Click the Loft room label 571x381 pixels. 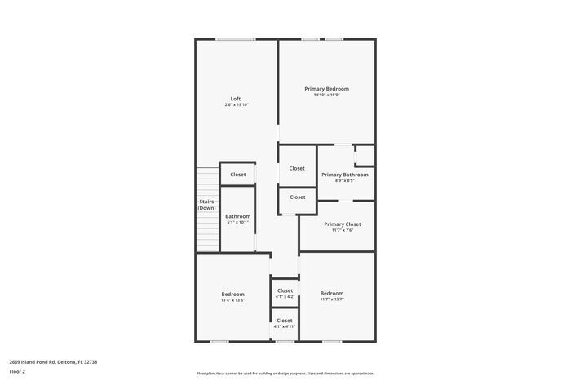pyautogui.click(x=235, y=99)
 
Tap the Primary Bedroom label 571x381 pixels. pyautogui.click(x=326, y=89)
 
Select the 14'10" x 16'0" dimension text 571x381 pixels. pyautogui.click(x=326, y=95)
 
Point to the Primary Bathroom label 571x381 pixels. pyautogui.click(x=344, y=175)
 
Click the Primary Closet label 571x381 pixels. pyautogui.click(x=342, y=224)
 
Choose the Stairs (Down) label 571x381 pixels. pyautogui.click(x=207, y=205)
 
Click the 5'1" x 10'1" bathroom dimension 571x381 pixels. pyautogui.click(x=237, y=222)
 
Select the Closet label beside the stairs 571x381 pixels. pyautogui.click(x=237, y=175)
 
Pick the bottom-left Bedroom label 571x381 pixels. pyautogui.click(x=232, y=294)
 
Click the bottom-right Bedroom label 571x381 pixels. pyautogui.click(x=331, y=294)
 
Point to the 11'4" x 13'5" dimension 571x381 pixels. pyautogui.click(x=232, y=300)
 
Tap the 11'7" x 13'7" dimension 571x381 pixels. pyautogui.click(x=331, y=299)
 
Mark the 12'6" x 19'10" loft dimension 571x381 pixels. pyautogui.click(x=235, y=104)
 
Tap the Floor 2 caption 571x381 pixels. pyautogui.click(x=17, y=371)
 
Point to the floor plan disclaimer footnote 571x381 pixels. pyautogui.click(x=285, y=373)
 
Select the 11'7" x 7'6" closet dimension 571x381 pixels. pyautogui.click(x=342, y=230)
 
